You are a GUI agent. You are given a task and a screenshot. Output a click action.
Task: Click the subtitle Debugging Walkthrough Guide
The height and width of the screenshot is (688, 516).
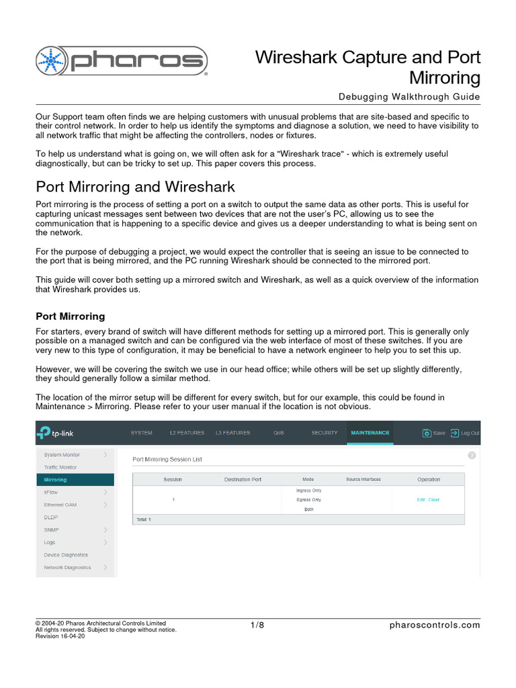pos(409,97)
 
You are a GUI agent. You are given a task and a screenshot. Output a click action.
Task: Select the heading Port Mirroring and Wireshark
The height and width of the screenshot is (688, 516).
pos(135,185)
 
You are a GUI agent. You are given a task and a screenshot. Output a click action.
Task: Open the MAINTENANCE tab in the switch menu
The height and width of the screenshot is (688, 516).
pos(369,433)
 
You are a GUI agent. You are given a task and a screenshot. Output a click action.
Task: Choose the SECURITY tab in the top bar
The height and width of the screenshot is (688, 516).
pos(324,433)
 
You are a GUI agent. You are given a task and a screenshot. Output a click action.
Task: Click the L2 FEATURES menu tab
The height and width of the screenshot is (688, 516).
pos(187,433)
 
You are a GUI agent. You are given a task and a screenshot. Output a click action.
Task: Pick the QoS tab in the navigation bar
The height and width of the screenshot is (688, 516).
pos(279,433)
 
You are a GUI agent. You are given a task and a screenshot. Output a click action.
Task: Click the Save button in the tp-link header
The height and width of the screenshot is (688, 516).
pos(433,433)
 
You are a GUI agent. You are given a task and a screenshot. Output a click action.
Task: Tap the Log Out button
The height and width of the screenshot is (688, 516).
pos(465,433)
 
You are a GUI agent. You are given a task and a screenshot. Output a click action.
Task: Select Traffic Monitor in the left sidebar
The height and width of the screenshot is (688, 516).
pos(60,467)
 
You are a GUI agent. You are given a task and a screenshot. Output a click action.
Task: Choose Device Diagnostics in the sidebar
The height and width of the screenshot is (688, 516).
pos(66,555)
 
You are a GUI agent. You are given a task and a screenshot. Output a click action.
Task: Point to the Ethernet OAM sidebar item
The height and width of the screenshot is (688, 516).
pos(60,505)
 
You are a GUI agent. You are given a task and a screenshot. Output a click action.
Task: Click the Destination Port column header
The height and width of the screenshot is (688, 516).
pos(243,480)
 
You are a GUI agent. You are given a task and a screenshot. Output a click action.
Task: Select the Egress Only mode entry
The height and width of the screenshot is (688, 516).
pos(308,500)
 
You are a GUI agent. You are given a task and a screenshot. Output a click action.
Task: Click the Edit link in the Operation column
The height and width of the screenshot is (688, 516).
pos(421,500)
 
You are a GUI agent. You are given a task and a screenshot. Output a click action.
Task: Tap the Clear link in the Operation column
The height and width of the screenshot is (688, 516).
pos(434,500)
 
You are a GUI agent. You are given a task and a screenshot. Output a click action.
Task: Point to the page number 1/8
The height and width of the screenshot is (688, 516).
pos(257,626)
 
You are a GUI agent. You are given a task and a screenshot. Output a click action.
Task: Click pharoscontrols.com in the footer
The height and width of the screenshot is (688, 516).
pos(435,626)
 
